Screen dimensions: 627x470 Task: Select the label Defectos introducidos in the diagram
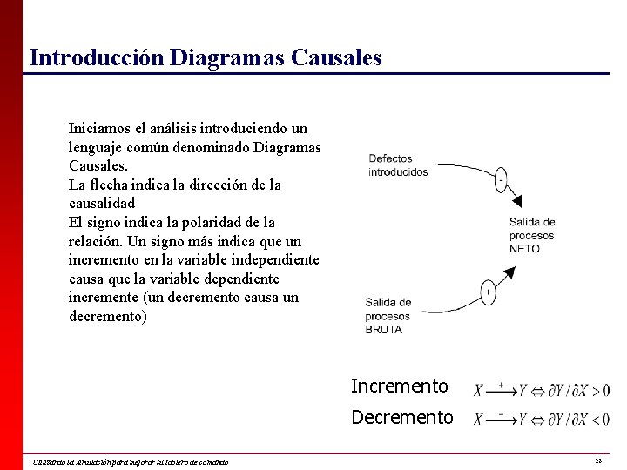point(398,165)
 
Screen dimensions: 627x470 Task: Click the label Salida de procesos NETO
point(532,235)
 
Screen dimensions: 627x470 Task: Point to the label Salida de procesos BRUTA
point(388,316)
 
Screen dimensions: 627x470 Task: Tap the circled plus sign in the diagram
point(488,292)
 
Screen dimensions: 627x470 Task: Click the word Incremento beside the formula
point(399,386)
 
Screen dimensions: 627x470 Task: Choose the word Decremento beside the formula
point(401,418)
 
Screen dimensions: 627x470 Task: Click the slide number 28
point(598,460)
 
